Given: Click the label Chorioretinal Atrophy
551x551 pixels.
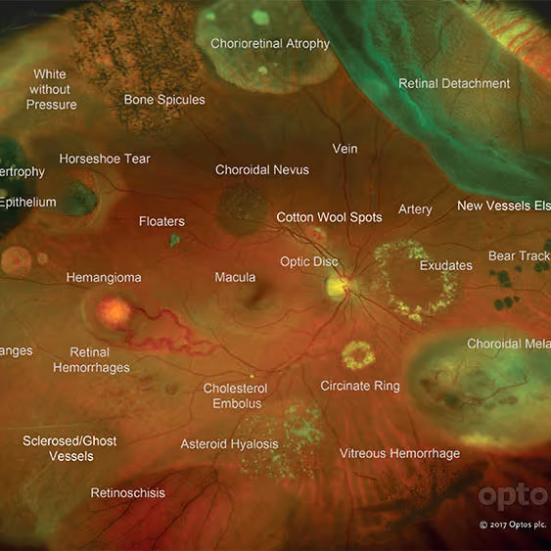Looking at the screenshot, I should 270,44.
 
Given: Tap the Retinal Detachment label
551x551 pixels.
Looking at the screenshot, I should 454,84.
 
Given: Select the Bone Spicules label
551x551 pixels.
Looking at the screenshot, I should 164,100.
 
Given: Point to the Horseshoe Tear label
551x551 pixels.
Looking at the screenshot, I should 105,159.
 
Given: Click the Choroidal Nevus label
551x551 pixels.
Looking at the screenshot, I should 262,170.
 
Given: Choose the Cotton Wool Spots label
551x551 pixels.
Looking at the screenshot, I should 329,217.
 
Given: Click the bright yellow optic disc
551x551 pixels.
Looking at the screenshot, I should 340,287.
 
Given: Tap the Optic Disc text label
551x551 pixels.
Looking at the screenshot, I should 309,262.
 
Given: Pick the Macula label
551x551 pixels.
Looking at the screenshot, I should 235,278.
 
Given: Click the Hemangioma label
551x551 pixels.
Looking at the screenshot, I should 104,278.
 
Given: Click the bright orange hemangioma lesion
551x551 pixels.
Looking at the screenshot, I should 115,313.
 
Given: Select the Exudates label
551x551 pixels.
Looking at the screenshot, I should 445,266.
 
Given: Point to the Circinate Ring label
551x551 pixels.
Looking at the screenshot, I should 360,387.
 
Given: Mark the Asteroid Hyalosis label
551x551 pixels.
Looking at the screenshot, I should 229,444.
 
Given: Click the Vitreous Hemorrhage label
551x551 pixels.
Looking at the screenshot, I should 399,454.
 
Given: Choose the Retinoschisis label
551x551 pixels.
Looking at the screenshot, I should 128,493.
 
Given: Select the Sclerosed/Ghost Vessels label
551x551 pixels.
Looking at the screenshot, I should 69,448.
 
